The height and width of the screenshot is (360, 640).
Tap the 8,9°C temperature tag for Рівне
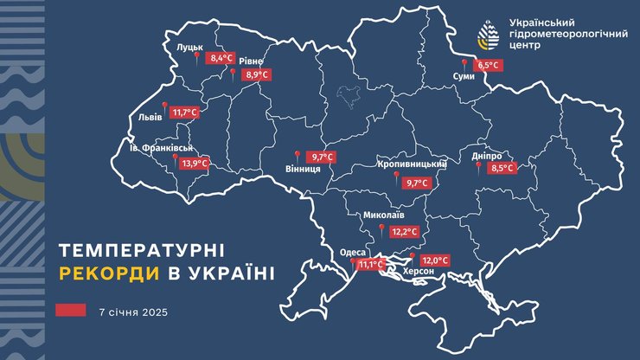[x=257, y=75]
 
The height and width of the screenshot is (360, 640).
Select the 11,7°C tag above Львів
[x=185, y=112]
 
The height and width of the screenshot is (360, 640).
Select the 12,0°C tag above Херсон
[x=435, y=260]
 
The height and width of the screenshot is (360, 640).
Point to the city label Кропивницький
[x=412, y=164]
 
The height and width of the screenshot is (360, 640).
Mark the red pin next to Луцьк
[x=196, y=57]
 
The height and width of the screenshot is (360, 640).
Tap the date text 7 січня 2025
[x=132, y=310]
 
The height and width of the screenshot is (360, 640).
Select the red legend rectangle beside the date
[x=71, y=310]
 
